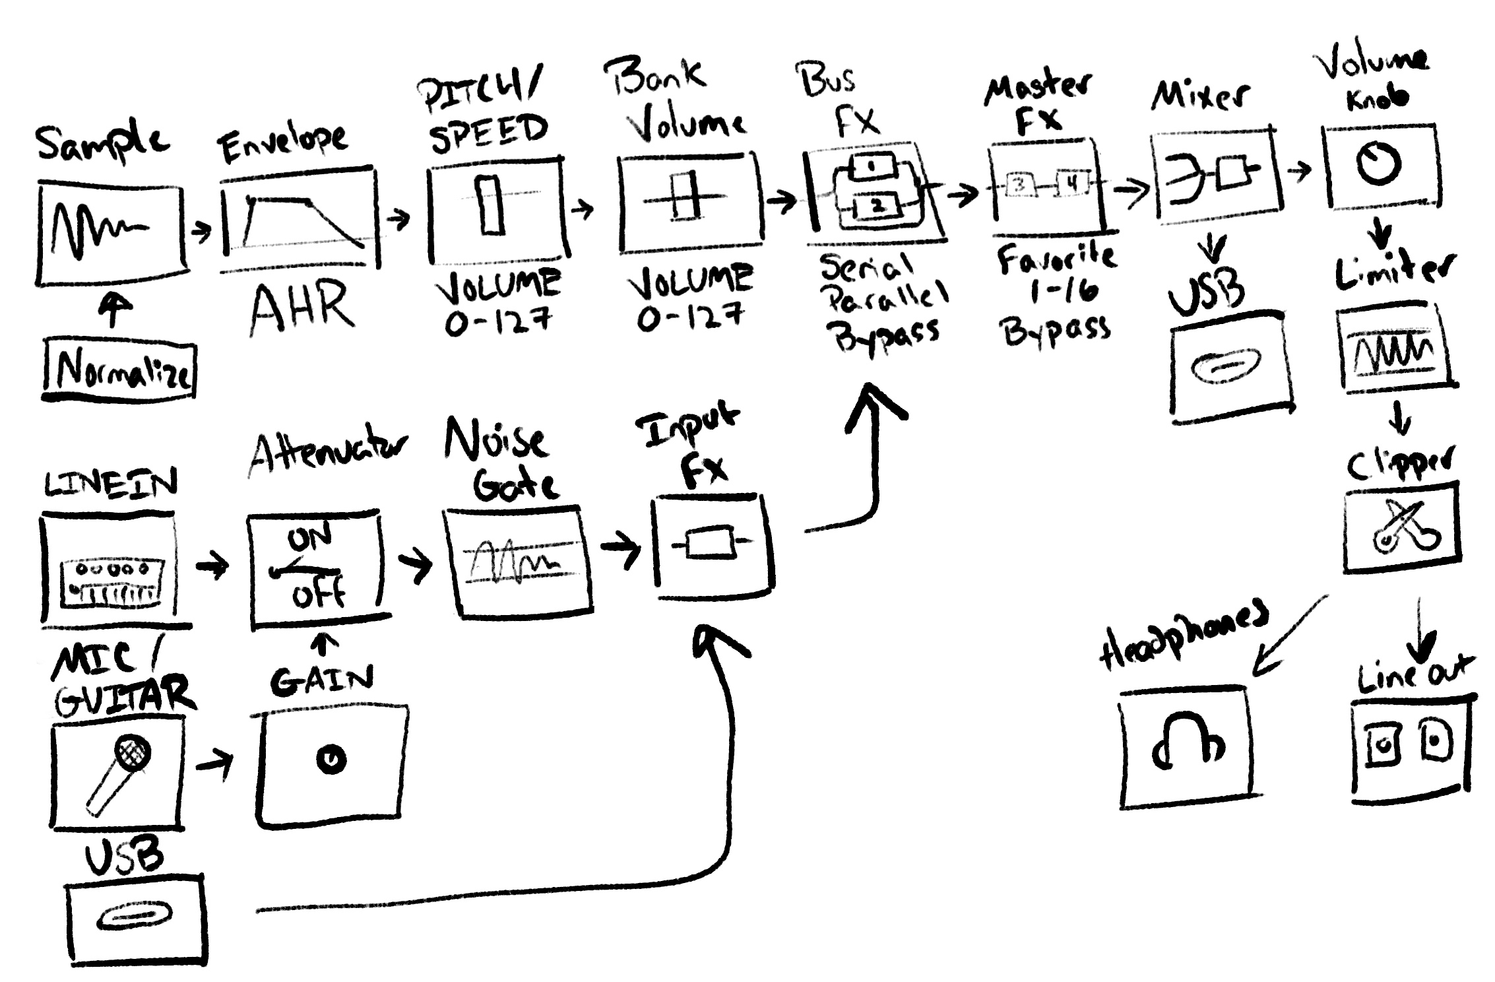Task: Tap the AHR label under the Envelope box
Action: (302, 308)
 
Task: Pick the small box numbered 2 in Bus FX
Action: (877, 206)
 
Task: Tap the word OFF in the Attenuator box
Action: (319, 597)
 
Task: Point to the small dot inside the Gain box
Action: (331, 760)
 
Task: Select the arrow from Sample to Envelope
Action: (201, 231)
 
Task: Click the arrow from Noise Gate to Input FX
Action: (620, 548)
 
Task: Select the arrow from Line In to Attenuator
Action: (212, 565)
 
